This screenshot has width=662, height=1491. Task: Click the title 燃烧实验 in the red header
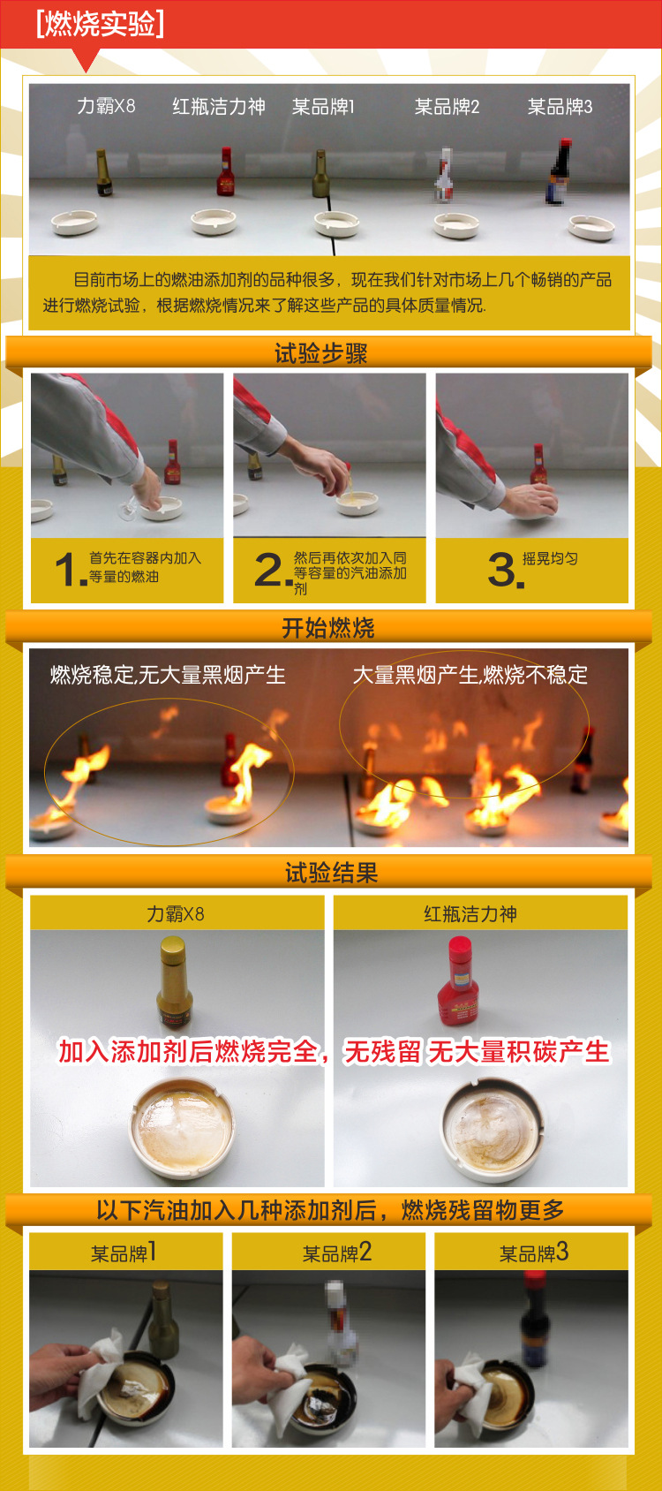[x=100, y=24]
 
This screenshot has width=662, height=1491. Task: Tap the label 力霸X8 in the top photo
[x=106, y=106]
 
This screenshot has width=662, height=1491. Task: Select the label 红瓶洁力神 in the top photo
[x=218, y=107]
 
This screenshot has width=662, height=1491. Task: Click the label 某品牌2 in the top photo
[x=447, y=107]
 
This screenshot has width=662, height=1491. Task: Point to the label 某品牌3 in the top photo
[x=560, y=107]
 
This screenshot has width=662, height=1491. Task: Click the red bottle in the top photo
[x=226, y=173]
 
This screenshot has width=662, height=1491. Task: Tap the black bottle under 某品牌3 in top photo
[x=558, y=174]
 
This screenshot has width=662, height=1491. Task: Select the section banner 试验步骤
[x=320, y=353]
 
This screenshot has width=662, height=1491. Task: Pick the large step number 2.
[x=269, y=570]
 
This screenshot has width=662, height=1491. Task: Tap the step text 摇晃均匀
[x=550, y=559]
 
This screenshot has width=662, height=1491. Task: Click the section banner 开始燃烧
[x=327, y=628]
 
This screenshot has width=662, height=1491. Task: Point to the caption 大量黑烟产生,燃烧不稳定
[x=470, y=675]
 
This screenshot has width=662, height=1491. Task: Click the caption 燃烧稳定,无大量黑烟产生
[x=168, y=676]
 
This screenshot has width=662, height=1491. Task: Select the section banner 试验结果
[x=331, y=873]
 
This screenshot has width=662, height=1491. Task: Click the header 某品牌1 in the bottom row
[x=124, y=1253]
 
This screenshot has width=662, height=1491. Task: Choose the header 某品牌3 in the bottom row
[x=533, y=1253]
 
